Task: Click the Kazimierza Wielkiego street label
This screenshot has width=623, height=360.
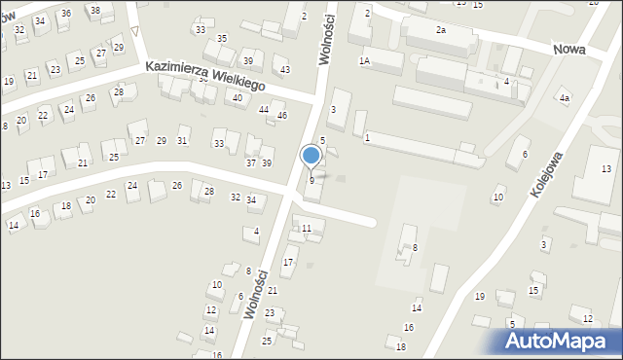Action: pos(205,77)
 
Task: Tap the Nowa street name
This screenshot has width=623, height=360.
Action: pos(567,50)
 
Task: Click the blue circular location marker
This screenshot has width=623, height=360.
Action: pos(311,155)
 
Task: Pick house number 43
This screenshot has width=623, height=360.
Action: pos(284,70)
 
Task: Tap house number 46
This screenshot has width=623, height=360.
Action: pos(281,116)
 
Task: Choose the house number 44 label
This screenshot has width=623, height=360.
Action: pos(264,109)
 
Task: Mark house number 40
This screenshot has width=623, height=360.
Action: pos(237,97)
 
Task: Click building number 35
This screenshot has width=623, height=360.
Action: pos(222,38)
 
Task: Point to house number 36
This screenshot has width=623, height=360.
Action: pos(65,13)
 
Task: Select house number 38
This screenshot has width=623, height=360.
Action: pos(94,10)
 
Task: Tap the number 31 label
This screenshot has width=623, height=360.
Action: pos(182,141)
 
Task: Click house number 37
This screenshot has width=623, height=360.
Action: pos(251,162)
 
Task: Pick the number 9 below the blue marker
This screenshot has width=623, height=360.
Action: pos(311,180)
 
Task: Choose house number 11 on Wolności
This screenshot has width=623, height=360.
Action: pos(307,228)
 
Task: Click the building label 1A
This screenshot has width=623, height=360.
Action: pos(364,60)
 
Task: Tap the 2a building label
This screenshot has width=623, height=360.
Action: pos(440,30)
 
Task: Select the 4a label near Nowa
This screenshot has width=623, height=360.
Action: pos(564,98)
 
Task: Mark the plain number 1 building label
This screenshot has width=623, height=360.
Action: pos(367,138)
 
